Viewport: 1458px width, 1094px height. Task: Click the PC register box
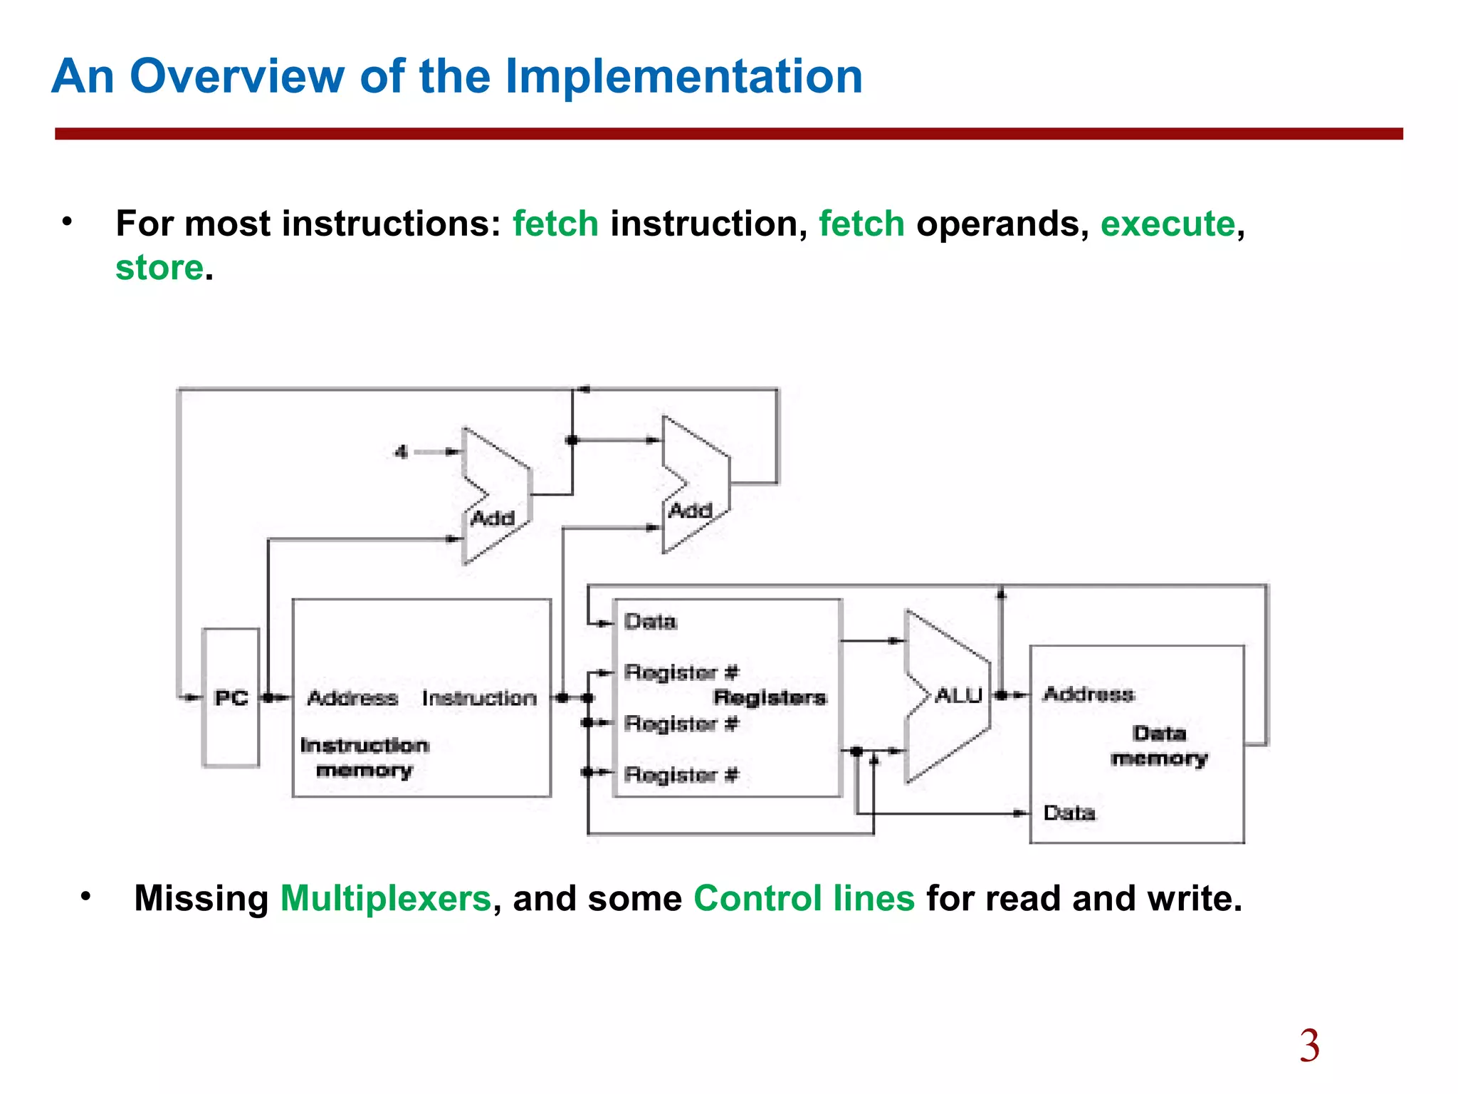[231, 697]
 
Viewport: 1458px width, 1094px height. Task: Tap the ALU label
[958, 695]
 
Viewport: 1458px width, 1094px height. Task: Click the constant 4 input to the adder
[402, 452]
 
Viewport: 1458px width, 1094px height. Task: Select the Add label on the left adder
[493, 518]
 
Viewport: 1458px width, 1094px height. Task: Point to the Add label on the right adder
[690, 510]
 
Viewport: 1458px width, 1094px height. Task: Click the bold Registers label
[770, 697]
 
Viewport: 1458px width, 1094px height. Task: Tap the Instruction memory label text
[364, 758]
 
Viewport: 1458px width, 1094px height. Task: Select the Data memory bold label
[1159, 746]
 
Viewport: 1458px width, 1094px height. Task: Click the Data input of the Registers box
[650, 622]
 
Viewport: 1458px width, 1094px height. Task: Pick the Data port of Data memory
[1069, 813]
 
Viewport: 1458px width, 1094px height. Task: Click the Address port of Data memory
[1089, 694]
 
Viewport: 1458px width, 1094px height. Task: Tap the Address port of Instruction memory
[352, 698]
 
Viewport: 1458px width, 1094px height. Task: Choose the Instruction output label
[479, 698]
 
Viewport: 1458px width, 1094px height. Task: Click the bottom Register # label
[681, 774]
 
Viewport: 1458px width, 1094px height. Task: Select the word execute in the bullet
[1168, 224]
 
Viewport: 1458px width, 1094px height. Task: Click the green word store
[159, 268]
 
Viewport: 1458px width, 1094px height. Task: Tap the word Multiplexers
[385, 898]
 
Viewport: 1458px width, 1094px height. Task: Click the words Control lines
[804, 898]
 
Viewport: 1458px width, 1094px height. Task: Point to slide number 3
[1309, 1046]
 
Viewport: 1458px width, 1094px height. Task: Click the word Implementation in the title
[683, 76]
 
